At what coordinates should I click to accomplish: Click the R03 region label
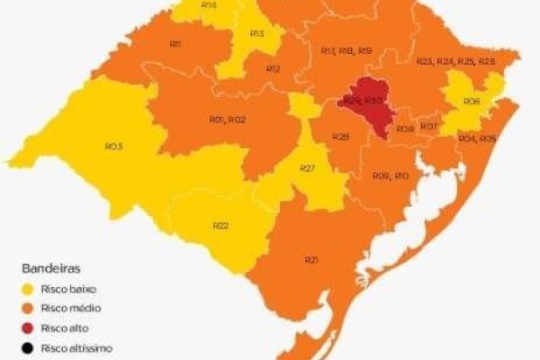[x=113, y=146]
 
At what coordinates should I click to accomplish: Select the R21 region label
[x=312, y=259]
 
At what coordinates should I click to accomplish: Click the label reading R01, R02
[x=228, y=120]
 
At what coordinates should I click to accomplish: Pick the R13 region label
[x=256, y=34]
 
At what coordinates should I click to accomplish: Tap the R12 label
[x=274, y=68]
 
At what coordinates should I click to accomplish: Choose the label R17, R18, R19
[x=346, y=51]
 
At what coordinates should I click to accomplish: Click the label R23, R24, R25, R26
[x=455, y=61]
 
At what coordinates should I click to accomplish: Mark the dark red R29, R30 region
[x=363, y=101]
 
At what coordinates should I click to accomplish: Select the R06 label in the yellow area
[x=472, y=102]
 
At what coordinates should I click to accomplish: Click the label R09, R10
[x=391, y=175]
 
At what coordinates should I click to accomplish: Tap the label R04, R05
[x=477, y=139]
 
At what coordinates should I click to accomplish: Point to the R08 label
[x=405, y=130]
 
